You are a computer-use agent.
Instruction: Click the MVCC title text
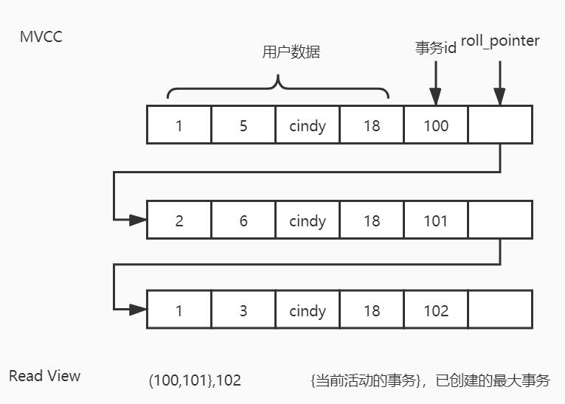[x=41, y=36]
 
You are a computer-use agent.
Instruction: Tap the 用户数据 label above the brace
[x=291, y=52]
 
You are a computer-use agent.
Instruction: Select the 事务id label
[x=436, y=47]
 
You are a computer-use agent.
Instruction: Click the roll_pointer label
[x=500, y=41]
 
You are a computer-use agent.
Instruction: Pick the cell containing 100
[x=436, y=125]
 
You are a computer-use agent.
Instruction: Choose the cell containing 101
[x=436, y=220]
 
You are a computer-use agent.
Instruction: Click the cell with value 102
[x=436, y=310]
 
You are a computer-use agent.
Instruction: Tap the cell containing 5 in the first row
[x=243, y=125]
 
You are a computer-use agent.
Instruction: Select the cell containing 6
[x=243, y=220]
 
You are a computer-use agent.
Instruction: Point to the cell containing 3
[x=243, y=310]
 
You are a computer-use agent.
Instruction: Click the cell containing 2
[x=179, y=220]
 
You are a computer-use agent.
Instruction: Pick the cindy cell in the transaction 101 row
[x=308, y=220]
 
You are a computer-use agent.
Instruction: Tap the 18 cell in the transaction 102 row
[x=372, y=310]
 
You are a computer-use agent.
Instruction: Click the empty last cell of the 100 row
[x=500, y=125]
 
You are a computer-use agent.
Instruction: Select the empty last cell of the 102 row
[x=500, y=310]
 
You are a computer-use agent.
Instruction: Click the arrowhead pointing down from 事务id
[x=435, y=97]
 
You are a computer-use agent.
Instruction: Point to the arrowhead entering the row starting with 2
[x=139, y=219]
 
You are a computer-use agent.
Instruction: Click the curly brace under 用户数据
[x=278, y=86]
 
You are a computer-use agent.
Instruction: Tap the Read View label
[x=44, y=376]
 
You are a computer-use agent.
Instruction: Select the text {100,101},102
[x=195, y=380]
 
